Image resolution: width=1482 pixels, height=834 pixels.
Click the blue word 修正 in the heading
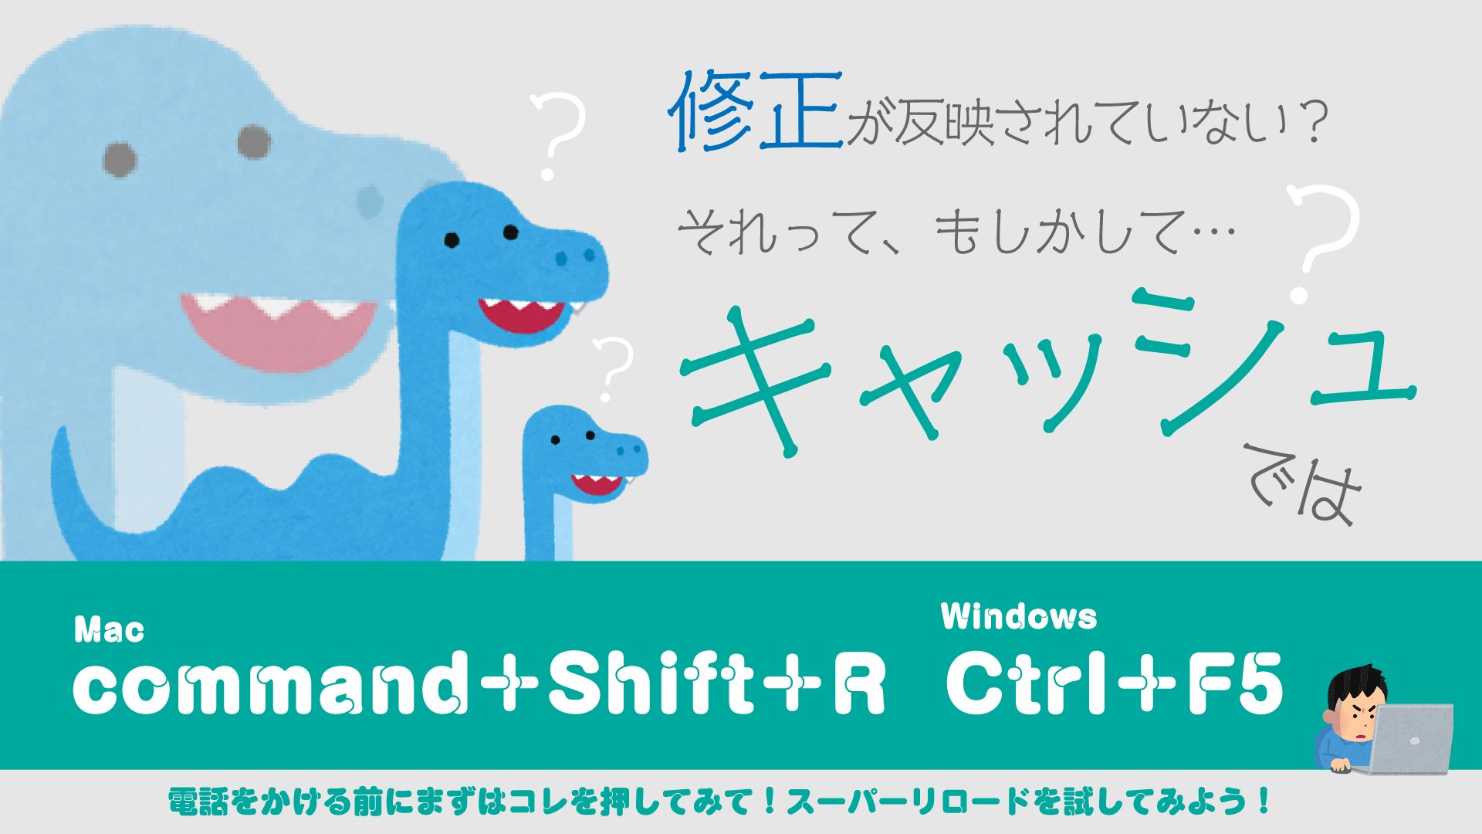point(756,110)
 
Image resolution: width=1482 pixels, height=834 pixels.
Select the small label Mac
point(109,630)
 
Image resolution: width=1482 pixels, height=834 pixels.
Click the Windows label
point(1019,616)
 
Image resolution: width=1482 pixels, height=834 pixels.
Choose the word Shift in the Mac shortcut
point(651,681)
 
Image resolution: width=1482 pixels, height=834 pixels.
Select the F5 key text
point(1235,682)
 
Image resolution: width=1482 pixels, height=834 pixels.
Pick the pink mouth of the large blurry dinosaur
point(278,328)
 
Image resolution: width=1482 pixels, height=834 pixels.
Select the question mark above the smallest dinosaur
point(614,368)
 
